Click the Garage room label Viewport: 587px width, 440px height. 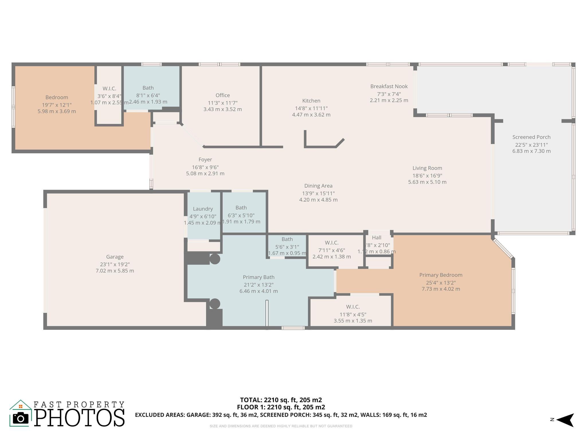115,257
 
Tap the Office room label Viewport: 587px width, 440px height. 223,95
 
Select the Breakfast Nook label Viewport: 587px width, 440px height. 389,86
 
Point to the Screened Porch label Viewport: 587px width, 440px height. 531,137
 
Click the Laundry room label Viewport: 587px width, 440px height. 203,209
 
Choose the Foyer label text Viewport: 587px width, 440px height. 205,160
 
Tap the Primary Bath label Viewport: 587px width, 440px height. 259,277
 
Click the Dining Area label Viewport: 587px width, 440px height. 318,186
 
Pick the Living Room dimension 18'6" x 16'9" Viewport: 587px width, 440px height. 427,176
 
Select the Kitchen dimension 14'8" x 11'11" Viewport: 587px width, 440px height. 311,108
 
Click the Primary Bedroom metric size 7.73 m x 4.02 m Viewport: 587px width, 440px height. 441,289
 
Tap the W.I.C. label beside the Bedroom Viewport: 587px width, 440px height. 109,89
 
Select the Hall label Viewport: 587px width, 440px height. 377,237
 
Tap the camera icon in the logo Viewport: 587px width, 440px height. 20,419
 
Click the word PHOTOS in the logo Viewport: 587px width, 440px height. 80,418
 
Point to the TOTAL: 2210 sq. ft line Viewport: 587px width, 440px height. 281,400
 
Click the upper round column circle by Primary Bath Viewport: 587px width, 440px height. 215,259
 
